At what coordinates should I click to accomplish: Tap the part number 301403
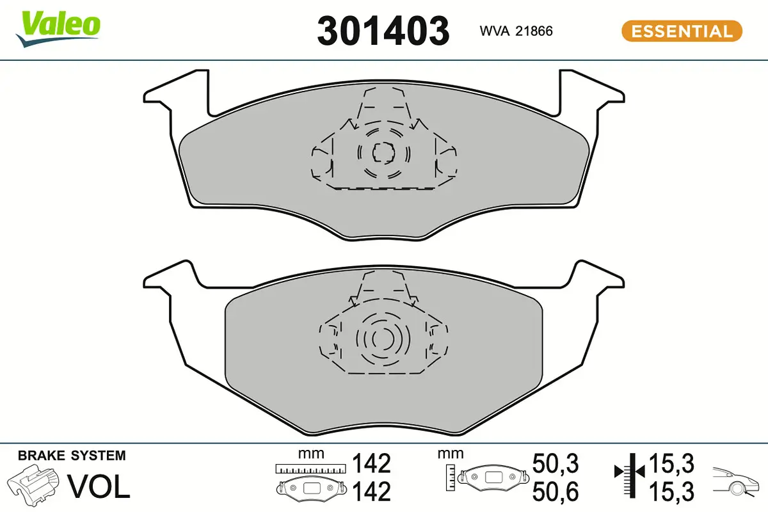point(383,30)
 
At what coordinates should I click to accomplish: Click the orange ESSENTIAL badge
point(682,31)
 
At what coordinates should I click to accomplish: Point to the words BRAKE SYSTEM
point(72,456)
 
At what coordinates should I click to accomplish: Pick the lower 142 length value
point(371,492)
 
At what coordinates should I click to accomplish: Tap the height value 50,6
point(555,492)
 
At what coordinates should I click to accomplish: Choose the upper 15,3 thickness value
point(671,463)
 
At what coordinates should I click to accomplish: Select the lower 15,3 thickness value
point(671,491)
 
